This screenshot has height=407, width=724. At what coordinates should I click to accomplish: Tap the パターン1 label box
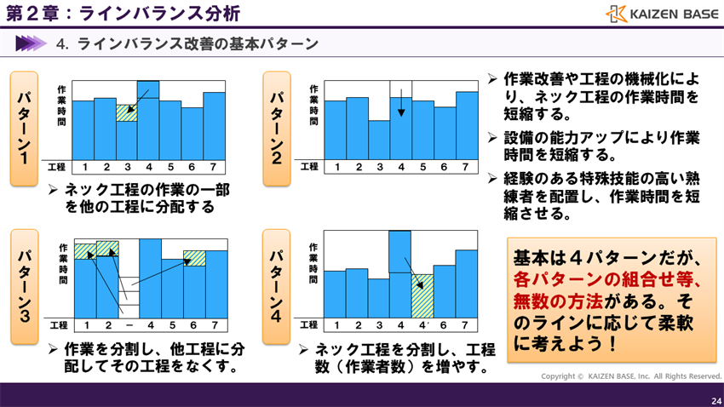pos(24,128)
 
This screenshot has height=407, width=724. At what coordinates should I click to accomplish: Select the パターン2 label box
pos(277,128)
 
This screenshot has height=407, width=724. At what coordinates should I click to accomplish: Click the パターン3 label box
pos(24,285)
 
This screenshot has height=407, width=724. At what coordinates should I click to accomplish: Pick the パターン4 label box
pos(277,285)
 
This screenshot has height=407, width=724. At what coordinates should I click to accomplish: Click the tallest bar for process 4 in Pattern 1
pos(147,119)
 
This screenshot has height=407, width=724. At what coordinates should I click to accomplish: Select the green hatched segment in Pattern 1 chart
pos(126,112)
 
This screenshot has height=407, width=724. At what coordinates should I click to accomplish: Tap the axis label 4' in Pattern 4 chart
pos(423,325)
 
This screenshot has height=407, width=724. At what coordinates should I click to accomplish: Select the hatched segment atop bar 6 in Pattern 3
pos(194,258)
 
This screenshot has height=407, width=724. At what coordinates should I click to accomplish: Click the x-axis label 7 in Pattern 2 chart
pos(466,167)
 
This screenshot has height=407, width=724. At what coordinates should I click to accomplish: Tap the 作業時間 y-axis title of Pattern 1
pos(61,106)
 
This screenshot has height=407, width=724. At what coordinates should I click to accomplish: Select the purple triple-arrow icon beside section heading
pos(31,43)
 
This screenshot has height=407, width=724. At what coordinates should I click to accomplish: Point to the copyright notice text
pos(630,375)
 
